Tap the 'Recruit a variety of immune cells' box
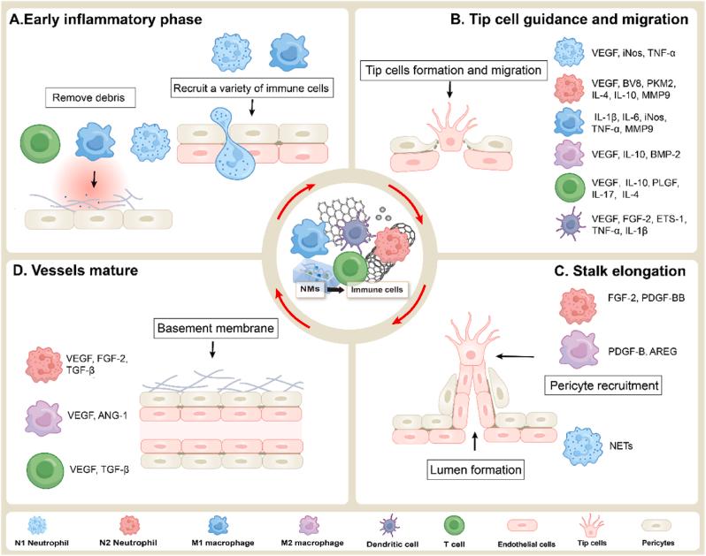[251, 88]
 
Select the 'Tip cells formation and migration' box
[453, 71]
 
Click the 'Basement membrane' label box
[216, 328]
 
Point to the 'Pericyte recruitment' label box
[603, 385]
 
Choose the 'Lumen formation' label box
[475, 470]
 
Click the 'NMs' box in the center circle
[311, 289]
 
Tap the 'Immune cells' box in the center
[377, 290]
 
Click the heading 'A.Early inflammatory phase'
[105, 19]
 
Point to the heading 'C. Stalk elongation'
[620, 271]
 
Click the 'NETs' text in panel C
[621, 446]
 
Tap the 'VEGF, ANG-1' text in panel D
[97, 415]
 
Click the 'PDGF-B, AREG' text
[642, 351]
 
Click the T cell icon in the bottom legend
[455, 526]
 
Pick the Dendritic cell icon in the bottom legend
[388, 525]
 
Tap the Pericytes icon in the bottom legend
[656, 525]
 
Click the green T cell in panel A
[41, 143]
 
